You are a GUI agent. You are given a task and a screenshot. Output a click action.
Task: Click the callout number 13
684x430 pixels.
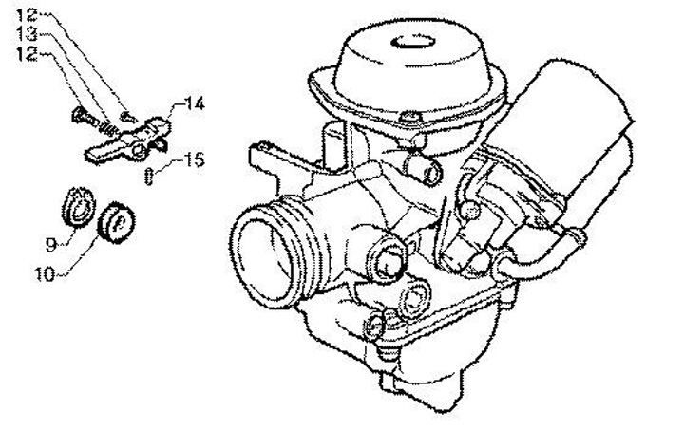(x=27, y=34)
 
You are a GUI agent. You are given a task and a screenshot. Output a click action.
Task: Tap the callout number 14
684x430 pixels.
(x=194, y=103)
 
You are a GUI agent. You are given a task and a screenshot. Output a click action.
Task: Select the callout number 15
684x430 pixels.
(x=193, y=159)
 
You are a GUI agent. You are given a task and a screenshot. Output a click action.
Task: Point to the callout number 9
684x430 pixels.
(x=51, y=245)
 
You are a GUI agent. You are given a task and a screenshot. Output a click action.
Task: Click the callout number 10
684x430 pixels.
(x=46, y=274)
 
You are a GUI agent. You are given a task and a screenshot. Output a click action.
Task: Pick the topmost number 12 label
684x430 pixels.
(x=27, y=15)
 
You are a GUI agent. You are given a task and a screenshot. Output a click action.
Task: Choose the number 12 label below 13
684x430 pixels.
(x=27, y=54)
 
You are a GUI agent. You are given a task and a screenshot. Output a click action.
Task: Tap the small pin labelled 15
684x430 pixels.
(x=149, y=177)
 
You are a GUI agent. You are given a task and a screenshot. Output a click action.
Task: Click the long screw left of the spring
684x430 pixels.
(x=85, y=116)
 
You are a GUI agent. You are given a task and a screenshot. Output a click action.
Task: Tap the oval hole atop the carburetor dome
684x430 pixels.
(x=413, y=43)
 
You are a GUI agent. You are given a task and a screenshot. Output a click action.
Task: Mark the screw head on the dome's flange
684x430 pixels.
(x=410, y=116)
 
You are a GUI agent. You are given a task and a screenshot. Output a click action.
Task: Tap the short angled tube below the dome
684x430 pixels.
(x=424, y=169)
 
